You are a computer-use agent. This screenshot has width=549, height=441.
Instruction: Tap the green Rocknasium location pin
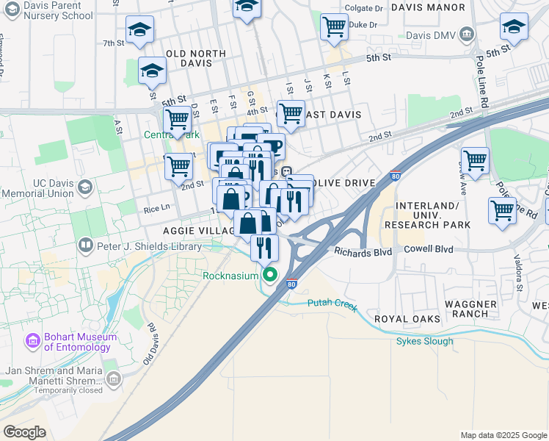(x=270, y=276)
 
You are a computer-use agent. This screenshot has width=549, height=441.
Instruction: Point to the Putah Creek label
(x=332, y=302)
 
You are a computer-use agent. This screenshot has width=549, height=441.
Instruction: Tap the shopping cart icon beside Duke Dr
(x=334, y=26)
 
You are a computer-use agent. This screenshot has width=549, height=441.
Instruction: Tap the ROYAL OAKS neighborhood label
(x=407, y=319)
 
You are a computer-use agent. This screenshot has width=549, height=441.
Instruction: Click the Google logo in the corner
(x=25, y=431)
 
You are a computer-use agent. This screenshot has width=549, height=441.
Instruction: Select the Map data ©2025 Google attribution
(x=503, y=435)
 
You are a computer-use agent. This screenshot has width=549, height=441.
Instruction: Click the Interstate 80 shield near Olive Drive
(x=396, y=176)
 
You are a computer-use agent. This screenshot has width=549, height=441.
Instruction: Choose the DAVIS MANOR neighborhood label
(x=428, y=7)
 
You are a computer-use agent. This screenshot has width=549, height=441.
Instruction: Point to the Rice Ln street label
(x=156, y=208)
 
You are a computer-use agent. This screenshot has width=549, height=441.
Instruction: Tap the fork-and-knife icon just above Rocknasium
(x=264, y=248)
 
